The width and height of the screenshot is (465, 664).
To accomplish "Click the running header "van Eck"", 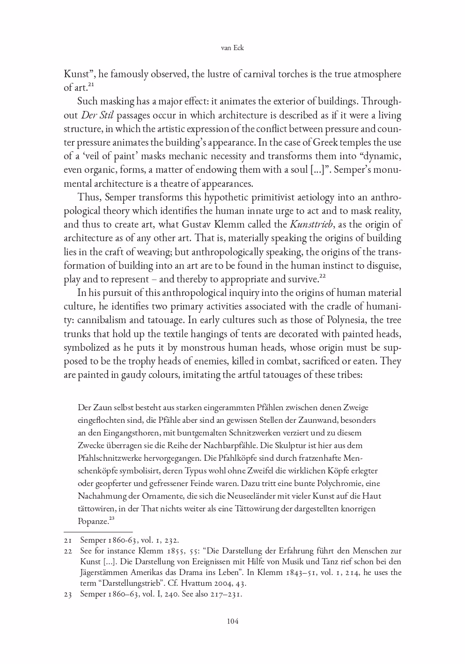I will pos(232,48).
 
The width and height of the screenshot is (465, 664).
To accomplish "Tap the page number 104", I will pos(233,621).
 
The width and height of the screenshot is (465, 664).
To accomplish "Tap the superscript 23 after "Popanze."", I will pos(111,518).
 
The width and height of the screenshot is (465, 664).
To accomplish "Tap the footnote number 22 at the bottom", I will pos(68,551).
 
